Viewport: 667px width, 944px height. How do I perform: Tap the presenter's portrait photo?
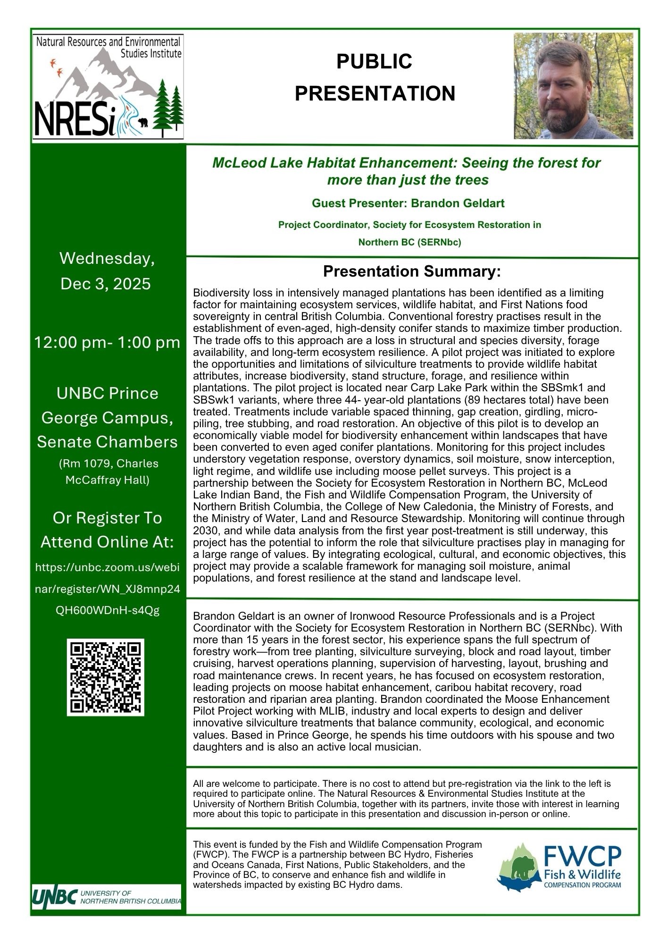pos(573,85)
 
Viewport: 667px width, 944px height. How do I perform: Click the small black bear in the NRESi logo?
pos(143,123)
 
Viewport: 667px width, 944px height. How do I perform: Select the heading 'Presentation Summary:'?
pos(411,272)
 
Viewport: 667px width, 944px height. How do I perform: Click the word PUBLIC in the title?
pos(375,61)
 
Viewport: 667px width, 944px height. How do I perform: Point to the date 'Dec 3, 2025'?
pos(106,284)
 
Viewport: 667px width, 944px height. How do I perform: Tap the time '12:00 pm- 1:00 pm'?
pos(107,342)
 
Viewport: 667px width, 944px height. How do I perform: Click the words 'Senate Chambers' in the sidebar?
pos(107,442)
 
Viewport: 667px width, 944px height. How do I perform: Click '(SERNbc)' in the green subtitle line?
pos(440,243)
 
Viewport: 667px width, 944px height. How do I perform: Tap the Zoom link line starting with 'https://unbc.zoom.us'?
pos(107,567)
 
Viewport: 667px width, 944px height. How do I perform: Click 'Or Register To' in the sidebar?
pos(107,518)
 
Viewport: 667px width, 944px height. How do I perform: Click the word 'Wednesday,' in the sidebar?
pos(107,259)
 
